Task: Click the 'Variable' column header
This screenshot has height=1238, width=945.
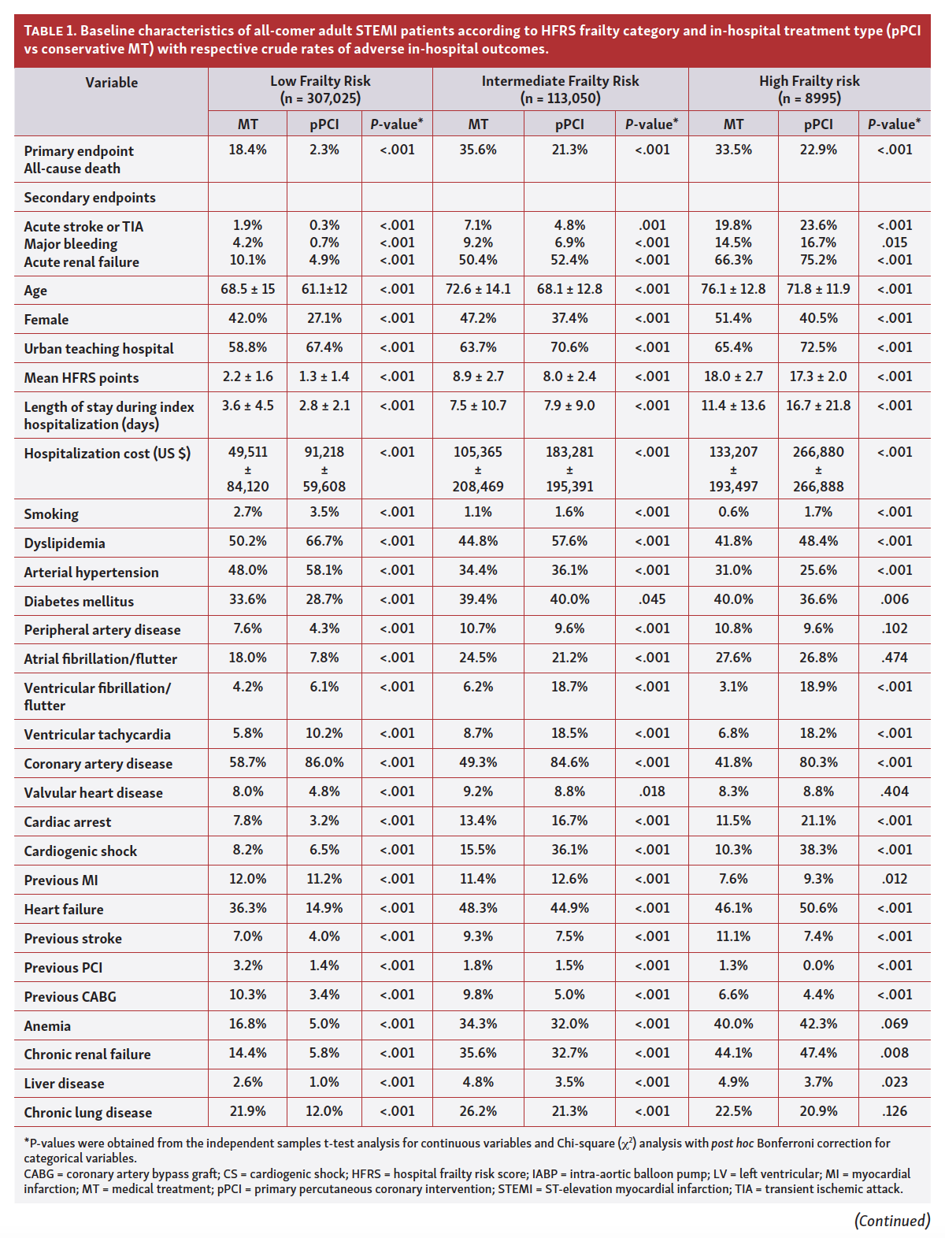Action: point(111,82)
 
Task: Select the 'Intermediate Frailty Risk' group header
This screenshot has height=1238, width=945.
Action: point(560,81)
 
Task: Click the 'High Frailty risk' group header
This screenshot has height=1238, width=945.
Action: point(809,81)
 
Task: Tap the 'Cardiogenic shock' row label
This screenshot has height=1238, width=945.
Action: point(80,851)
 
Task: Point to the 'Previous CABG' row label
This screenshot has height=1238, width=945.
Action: point(70,996)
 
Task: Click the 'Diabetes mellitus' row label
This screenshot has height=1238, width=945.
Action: point(79,601)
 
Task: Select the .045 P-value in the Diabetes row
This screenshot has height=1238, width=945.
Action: point(652,599)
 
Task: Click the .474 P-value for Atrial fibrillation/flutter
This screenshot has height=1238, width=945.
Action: point(894,658)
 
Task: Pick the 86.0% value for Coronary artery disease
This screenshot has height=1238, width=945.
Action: point(324,762)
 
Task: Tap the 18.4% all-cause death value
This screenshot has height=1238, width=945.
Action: point(247,150)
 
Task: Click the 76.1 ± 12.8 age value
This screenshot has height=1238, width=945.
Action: point(733,289)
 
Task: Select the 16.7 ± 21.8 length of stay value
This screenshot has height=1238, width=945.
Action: point(818,406)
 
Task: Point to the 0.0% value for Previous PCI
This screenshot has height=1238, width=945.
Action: point(818,966)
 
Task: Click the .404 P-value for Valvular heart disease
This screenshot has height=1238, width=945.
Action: point(894,791)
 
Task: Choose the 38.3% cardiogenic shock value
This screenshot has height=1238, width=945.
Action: point(818,850)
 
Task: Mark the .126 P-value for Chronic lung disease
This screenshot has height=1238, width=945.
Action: point(894,1111)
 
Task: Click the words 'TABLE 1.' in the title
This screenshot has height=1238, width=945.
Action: point(50,32)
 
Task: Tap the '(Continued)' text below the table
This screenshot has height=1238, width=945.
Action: point(891,1221)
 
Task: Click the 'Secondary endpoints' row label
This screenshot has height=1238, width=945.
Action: point(90,198)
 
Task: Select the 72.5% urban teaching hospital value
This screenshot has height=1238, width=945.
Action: point(818,347)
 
